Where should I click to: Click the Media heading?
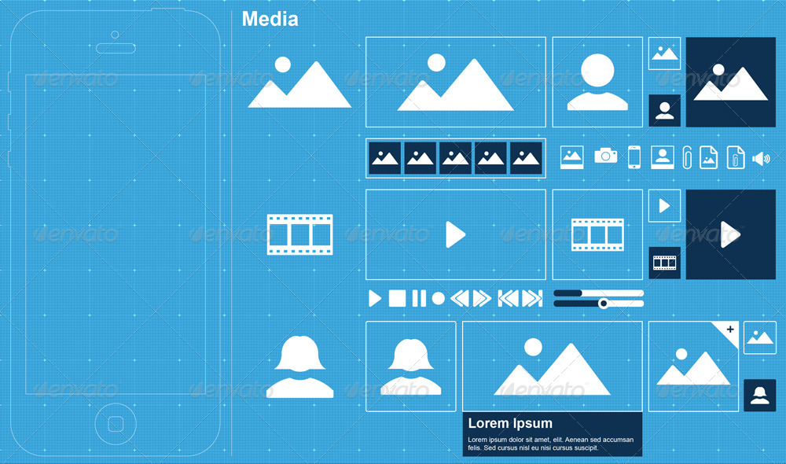tap(270, 20)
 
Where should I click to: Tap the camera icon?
tap(605, 156)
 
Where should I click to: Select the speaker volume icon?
tap(760, 158)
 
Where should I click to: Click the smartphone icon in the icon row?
tap(634, 157)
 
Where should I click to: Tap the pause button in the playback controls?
tap(419, 299)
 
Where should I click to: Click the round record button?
tap(439, 299)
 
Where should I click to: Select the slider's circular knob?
tap(604, 304)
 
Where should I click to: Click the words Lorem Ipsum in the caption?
tap(510, 423)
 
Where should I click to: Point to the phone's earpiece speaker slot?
tap(116, 48)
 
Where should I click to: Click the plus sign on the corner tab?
tap(730, 329)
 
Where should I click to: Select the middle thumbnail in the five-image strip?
tap(455, 158)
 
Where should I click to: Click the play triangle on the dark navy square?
tap(730, 234)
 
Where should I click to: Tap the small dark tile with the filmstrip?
tap(665, 263)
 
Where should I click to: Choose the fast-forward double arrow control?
tap(481, 299)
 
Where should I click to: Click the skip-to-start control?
tap(508, 299)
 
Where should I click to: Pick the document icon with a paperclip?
tap(735, 157)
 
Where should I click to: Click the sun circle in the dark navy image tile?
tap(718, 69)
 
